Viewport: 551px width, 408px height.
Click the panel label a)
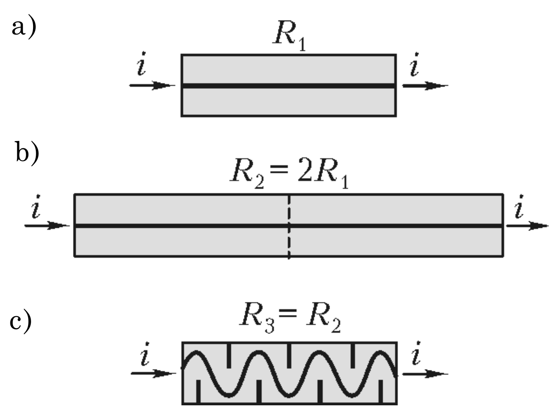[x=24, y=27]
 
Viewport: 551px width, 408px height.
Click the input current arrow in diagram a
[x=152, y=85]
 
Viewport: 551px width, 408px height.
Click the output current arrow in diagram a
[x=425, y=85]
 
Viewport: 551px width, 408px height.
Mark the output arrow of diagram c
[x=425, y=373]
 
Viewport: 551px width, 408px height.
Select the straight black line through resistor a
[x=289, y=86]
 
